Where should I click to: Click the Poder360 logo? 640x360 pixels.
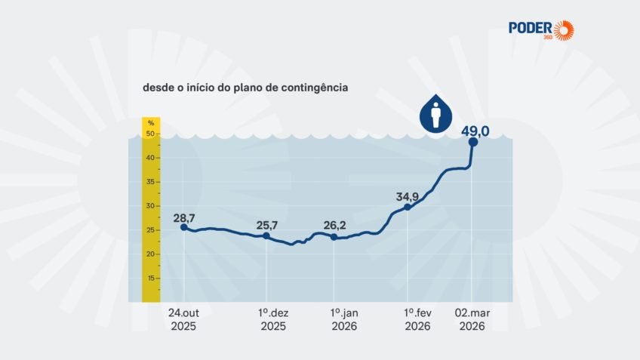540,30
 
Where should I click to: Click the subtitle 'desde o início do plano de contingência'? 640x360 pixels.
245,88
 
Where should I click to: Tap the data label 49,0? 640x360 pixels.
475,131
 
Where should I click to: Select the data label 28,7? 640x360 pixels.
184,217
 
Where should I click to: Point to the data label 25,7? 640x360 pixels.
268,226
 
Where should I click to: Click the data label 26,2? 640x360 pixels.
335,226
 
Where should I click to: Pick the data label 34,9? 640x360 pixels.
408,197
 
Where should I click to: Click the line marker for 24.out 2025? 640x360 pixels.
184,227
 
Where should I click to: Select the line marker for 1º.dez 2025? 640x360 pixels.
266,236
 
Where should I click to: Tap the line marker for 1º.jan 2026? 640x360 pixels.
334,237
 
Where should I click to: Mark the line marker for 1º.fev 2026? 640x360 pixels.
408,207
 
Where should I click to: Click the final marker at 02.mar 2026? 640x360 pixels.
472,142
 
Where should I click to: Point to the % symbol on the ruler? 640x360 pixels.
151,123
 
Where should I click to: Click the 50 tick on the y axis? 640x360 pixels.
151,134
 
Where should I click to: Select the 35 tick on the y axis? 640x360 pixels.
151,182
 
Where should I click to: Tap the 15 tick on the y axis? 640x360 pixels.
151,278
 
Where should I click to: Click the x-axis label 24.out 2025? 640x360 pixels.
183,319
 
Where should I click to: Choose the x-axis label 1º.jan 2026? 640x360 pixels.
344,319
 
